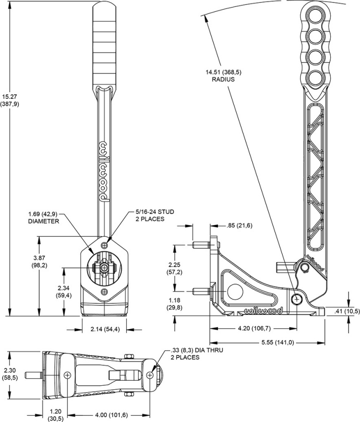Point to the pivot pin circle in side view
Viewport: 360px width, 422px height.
(x=297, y=298)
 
